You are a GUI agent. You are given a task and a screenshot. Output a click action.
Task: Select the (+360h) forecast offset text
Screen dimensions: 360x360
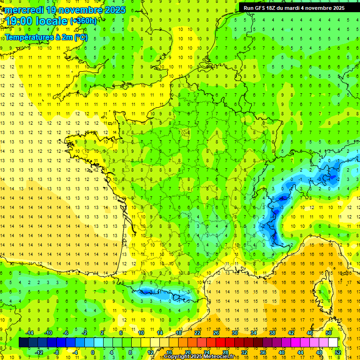click(x=83, y=21)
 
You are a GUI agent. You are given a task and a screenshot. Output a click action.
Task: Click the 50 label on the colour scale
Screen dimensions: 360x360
click(x=328, y=333)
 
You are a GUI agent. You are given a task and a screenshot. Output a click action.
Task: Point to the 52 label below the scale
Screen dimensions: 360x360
click(x=337, y=352)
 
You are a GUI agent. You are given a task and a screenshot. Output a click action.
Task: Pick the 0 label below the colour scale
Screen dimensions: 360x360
click(x=93, y=352)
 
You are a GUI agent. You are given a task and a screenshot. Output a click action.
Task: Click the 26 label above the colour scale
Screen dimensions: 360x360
click(x=216, y=333)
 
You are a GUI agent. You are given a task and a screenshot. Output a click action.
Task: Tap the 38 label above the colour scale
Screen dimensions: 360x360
click(x=272, y=333)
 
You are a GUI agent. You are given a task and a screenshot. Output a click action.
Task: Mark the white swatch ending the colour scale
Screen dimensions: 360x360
click(x=333, y=342)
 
